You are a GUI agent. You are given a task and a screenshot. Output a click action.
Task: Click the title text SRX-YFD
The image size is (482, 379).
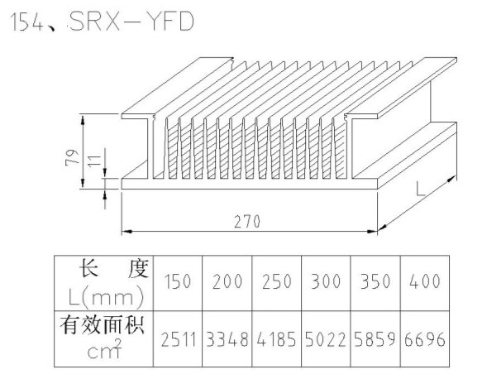pos(132,22)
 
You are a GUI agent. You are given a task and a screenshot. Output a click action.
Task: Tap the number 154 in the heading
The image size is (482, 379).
pos(27,22)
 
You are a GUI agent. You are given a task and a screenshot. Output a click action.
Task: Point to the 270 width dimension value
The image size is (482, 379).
pos(247,221)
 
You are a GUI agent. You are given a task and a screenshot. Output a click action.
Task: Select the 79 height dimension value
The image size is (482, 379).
pos(72,157)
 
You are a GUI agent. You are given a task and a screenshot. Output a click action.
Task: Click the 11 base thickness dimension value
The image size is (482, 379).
pos(95,161)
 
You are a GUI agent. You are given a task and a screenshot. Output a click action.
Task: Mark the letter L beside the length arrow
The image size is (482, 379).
pos(421,189)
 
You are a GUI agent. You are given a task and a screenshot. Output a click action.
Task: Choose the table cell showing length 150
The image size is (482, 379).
pos(178,281)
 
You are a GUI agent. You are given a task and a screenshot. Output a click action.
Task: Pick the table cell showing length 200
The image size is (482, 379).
pos(227,281)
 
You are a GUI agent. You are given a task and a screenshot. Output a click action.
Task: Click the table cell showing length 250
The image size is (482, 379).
pos(277,281)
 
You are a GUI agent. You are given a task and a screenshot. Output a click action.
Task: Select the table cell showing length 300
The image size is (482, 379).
pos(326,281)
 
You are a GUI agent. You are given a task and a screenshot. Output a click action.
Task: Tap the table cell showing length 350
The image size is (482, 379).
pos(375,281)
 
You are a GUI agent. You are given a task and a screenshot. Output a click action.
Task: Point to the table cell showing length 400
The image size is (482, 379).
pos(424,281)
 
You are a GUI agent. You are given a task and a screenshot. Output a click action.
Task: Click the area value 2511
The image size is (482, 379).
pos(179,340)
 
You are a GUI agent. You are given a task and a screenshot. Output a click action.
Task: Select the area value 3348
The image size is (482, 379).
pos(227,339)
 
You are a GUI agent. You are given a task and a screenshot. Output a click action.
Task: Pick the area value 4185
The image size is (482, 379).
pos(276,339)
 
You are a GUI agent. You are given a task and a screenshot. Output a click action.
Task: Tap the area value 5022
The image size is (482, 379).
pos(326,339)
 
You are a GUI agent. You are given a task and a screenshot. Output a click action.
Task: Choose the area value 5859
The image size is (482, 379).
pos(375,339)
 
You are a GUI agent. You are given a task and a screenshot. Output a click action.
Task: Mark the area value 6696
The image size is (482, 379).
pos(424,339)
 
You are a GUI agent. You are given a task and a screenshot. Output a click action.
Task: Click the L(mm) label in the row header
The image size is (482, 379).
pos(106,297)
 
